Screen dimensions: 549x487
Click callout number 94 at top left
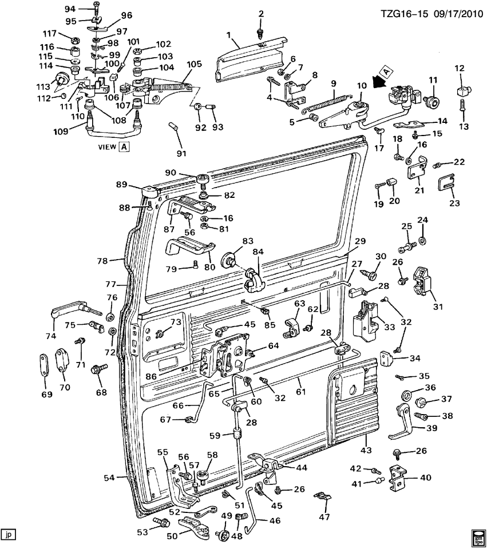(70, 9)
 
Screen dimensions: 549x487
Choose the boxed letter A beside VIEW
(124, 147)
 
